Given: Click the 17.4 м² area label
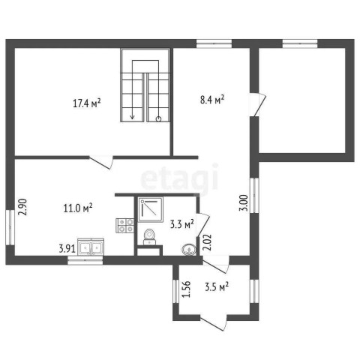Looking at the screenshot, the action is tap(87, 103).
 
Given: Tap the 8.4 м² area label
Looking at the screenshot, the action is tap(212, 100).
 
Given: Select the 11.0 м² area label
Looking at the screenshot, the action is tap(78, 208).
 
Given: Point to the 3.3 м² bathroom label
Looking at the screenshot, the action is tap(182, 224).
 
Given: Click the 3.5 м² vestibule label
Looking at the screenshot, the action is tap(217, 286).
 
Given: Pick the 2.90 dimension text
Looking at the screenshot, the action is tap(22, 207).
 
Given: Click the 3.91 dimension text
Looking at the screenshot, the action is tap(67, 249).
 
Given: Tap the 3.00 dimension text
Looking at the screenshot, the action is tap(244, 202).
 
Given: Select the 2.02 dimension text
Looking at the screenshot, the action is tap(208, 242).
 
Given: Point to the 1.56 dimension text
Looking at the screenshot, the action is tap(187, 289).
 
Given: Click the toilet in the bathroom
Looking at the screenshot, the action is tap(149, 237).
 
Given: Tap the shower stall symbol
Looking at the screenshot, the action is tap(151, 209).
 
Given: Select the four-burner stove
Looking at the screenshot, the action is tap(124, 226).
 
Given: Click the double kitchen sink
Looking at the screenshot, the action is tap(91, 247).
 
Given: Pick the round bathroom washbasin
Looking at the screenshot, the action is tap(190, 250).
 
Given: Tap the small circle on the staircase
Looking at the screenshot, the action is tap(158, 119).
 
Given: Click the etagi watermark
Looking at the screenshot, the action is tap(179, 178).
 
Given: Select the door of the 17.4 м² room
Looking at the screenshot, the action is tap(101, 162).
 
